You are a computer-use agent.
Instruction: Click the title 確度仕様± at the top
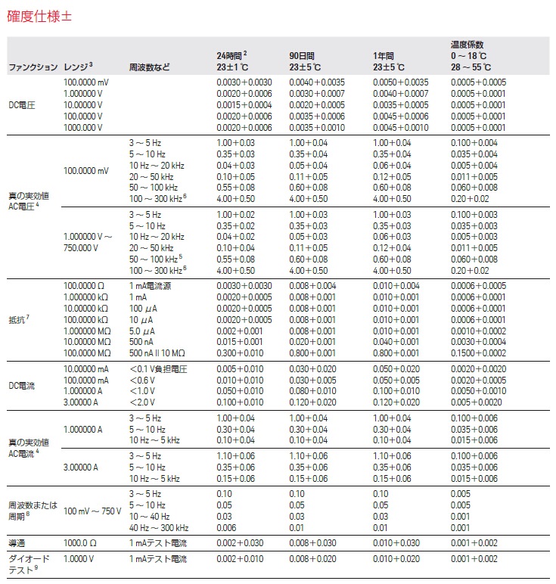click(41, 15)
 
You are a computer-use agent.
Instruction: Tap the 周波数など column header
click(150, 67)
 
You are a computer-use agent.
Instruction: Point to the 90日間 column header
click(301, 56)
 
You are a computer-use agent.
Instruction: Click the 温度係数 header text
click(467, 45)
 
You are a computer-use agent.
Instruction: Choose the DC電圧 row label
click(22, 105)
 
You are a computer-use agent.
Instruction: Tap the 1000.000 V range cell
click(83, 128)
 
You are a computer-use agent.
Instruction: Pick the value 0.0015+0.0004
click(244, 105)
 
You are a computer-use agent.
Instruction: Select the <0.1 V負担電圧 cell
click(158, 368)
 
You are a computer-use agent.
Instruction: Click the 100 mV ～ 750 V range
click(92, 511)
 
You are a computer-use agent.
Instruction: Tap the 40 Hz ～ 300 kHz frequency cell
click(159, 527)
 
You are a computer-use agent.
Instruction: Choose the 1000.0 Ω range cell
click(81, 543)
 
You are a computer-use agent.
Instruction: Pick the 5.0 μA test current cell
click(141, 329)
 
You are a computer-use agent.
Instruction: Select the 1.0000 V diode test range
click(79, 559)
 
